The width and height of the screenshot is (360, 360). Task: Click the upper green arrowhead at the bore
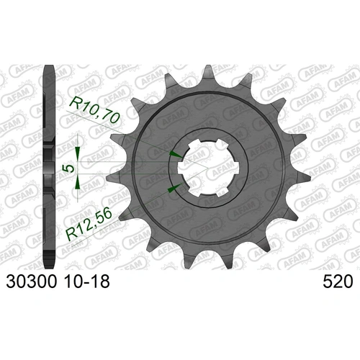click(x=173, y=154)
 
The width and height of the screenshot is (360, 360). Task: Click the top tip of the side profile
click(x=50, y=68)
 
